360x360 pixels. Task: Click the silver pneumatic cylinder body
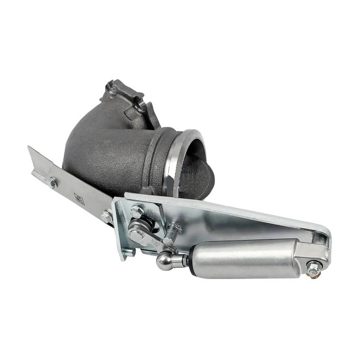point(243,258)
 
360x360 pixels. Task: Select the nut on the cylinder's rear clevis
point(314,267)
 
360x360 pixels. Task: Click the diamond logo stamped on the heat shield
point(79,198)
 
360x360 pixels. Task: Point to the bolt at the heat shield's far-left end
point(53,182)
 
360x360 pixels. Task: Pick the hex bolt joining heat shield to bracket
point(106,216)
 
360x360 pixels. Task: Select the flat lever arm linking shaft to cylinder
point(153,234)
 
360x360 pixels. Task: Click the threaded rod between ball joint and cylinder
point(179,261)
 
